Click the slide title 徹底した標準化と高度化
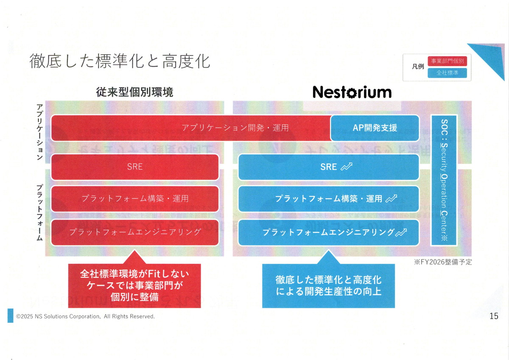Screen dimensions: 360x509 click(120, 61)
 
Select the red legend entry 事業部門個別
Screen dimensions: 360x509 click(447, 61)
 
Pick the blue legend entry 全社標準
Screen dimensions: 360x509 click(447, 73)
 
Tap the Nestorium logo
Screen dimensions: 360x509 click(352, 92)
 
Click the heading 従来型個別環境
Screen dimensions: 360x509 click(135, 92)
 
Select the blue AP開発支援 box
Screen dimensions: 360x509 click(375, 128)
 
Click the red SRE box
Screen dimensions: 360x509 click(135, 167)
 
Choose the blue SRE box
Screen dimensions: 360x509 click(329, 167)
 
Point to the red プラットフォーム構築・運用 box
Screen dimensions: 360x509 click(135, 198)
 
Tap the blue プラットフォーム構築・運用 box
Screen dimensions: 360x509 click(329, 198)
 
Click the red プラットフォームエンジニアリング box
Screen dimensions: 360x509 click(135, 232)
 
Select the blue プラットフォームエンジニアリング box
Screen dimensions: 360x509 click(329, 232)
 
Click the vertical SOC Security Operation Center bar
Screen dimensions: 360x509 click(444, 180)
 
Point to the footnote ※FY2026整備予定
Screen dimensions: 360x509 click(443, 262)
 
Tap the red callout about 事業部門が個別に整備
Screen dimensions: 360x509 click(134, 285)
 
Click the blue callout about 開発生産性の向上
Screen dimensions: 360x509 click(328, 285)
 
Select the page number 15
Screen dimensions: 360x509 click(494, 316)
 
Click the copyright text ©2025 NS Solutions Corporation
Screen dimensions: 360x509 click(85, 316)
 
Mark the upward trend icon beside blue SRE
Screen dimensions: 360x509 click(347, 167)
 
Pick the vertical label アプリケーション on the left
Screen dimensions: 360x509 click(39, 132)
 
